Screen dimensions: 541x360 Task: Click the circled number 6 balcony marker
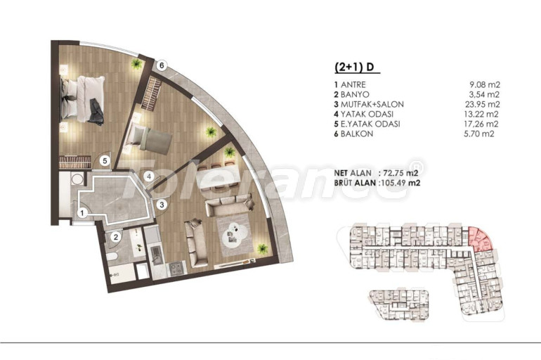[161, 65]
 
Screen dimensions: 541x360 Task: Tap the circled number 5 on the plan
[105, 160]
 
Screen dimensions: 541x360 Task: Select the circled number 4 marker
[149, 176]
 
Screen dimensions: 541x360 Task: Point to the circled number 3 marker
[162, 205]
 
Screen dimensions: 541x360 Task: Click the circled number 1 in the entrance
[82, 213]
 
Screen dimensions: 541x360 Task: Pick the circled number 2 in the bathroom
[116, 237]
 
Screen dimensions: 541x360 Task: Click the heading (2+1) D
[355, 67]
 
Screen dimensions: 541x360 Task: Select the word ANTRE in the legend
[353, 84]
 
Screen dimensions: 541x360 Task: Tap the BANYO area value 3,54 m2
[482, 95]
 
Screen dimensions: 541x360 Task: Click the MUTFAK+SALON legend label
[372, 104]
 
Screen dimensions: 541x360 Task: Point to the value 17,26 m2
[481, 124]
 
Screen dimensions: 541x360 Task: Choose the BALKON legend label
[357, 134]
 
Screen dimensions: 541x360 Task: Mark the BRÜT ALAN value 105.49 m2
[399, 183]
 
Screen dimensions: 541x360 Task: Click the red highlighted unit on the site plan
[481, 239]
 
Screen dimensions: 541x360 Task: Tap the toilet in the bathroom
[112, 257]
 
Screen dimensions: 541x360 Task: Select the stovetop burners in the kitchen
[176, 268]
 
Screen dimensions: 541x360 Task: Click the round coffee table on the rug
[235, 235]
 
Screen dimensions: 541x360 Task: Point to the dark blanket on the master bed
[96, 112]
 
